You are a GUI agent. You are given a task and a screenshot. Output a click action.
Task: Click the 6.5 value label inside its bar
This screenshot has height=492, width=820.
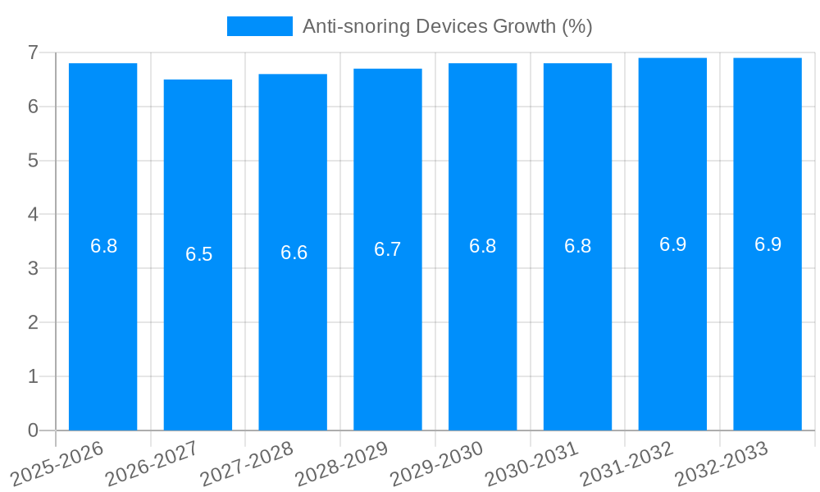[198, 254]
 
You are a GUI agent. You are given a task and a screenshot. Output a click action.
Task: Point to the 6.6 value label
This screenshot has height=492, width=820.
[294, 253]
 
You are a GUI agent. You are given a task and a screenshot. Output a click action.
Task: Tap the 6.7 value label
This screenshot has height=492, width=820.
[388, 249]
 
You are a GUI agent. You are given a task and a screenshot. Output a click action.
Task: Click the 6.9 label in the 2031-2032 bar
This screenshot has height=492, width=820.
[672, 244]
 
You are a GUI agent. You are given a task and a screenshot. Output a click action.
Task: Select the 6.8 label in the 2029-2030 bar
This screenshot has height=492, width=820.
[482, 246]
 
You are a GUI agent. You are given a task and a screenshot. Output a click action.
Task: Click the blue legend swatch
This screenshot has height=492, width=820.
[259, 26]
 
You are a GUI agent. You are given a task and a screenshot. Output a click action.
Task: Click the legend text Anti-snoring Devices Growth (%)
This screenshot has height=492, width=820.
[447, 26]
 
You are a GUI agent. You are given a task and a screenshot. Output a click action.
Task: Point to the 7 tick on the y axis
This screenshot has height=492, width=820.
[33, 52]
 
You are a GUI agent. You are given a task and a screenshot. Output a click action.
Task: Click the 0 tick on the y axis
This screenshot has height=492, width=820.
[33, 430]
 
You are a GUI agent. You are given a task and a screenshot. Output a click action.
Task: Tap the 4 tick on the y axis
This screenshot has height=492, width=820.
[33, 215]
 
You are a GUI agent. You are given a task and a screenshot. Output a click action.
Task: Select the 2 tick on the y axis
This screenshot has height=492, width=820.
[33, 322]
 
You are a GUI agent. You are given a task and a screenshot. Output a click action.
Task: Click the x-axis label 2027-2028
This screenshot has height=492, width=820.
[247, 463]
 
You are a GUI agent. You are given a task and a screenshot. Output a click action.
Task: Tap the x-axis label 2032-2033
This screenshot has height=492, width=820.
[722, 463]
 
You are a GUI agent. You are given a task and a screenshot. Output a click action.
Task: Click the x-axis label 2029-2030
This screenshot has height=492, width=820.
[437, 463]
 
